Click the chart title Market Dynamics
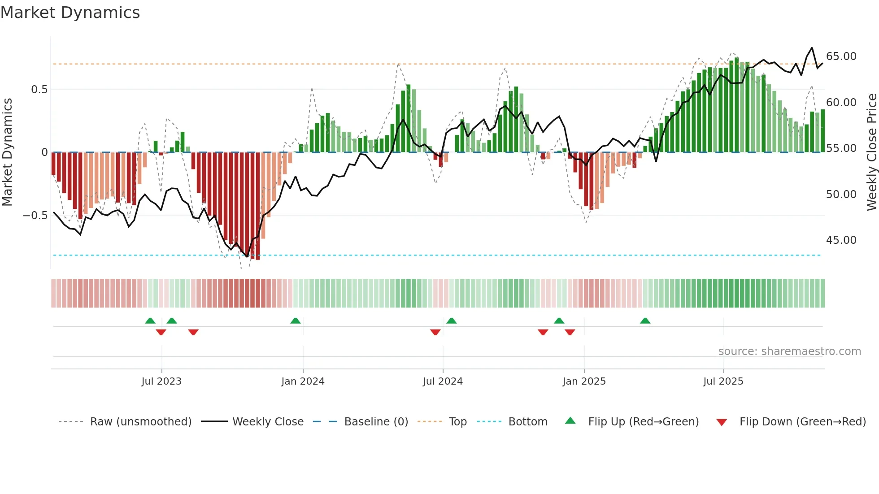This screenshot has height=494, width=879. [70, 13]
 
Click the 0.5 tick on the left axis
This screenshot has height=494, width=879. [39, 90]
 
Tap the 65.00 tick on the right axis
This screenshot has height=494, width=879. [841, 56]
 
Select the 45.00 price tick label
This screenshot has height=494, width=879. [841, 240]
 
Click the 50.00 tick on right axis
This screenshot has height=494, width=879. [841, 195]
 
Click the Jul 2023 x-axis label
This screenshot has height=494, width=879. [161, 381]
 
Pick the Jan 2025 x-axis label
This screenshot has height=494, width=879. [584, 381]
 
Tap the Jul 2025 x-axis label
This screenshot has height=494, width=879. [723, 381]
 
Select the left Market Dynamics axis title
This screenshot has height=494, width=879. [7, 152]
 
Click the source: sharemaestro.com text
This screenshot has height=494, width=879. [789, 351]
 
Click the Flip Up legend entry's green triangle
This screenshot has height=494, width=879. [570, 420]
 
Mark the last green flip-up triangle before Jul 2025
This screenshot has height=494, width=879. [645, 321]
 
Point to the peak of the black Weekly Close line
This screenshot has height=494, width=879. [812, 48]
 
